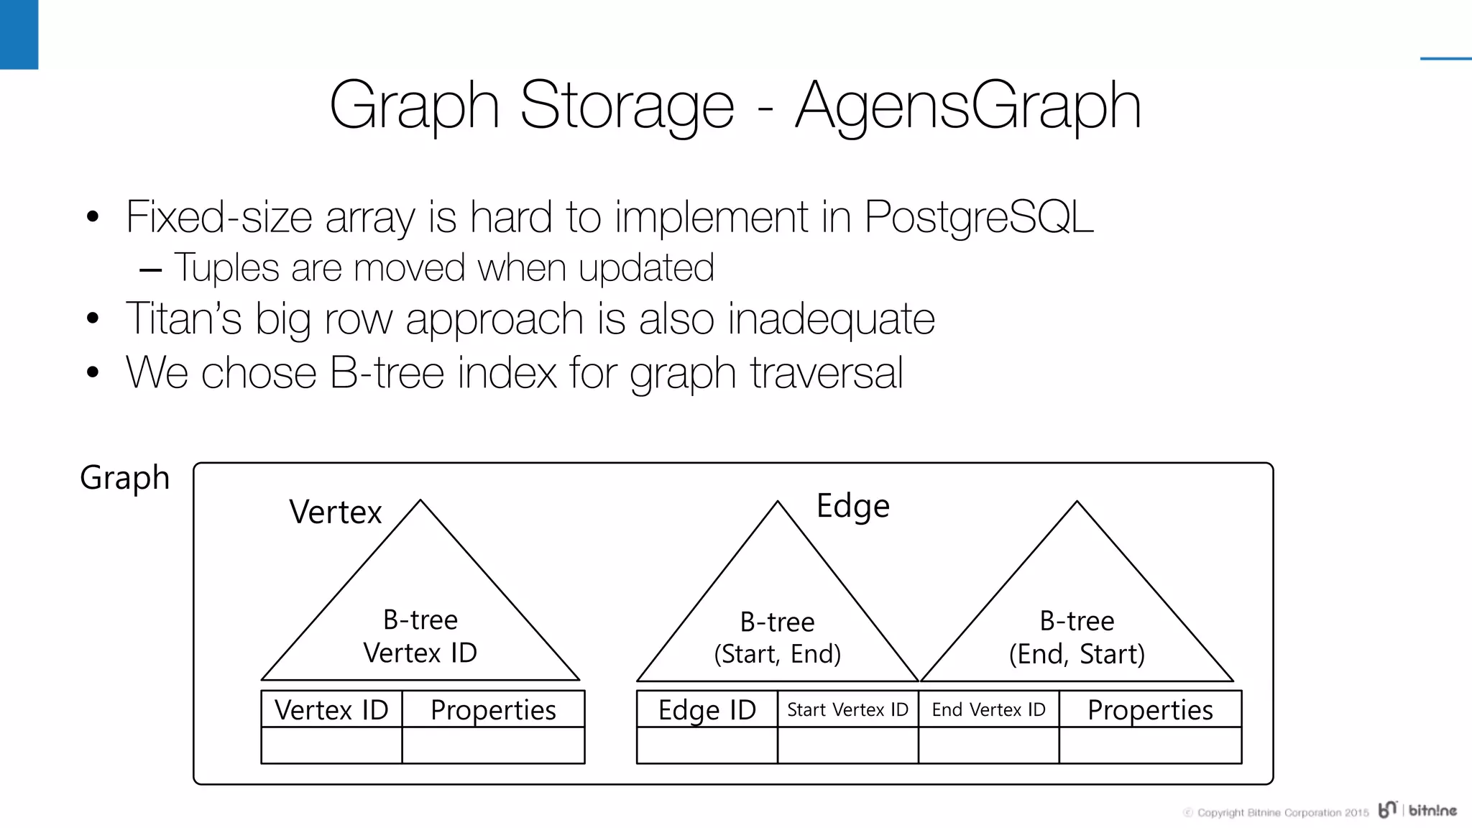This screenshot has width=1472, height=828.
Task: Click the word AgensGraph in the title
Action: tap(967, 106)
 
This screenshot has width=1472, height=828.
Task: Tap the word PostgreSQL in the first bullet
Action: tap(978, 216)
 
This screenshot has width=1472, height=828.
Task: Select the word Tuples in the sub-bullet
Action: tap(226, 268)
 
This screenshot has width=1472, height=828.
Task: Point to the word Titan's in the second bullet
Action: tap(184, 318)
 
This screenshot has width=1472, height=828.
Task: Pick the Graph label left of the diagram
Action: tap(124, 478)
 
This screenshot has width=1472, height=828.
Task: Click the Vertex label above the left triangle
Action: tap(335, 512)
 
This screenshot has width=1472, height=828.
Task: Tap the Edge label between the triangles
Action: tap(853, 506)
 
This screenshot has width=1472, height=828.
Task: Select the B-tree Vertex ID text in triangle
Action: tap(420, 637)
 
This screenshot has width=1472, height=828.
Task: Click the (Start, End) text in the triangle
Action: tap(777, 654)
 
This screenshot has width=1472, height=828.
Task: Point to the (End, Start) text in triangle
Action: tap(1077, 654)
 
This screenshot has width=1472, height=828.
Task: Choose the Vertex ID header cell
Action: tap(331, 710)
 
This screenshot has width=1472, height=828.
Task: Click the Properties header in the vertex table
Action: tap(493, 710)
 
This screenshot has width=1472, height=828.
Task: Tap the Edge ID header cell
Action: tap(707, 710)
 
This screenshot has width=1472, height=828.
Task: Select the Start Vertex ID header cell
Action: tap(847, 710)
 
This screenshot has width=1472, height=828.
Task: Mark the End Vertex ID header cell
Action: tap(988, 710)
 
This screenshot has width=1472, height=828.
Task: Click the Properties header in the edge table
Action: tap(1150, 710)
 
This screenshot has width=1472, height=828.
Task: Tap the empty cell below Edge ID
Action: tap(707, 745)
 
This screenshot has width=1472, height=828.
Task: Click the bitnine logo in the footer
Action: tap(1417, 810)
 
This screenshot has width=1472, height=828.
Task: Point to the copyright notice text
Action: tap(1276, 813)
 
